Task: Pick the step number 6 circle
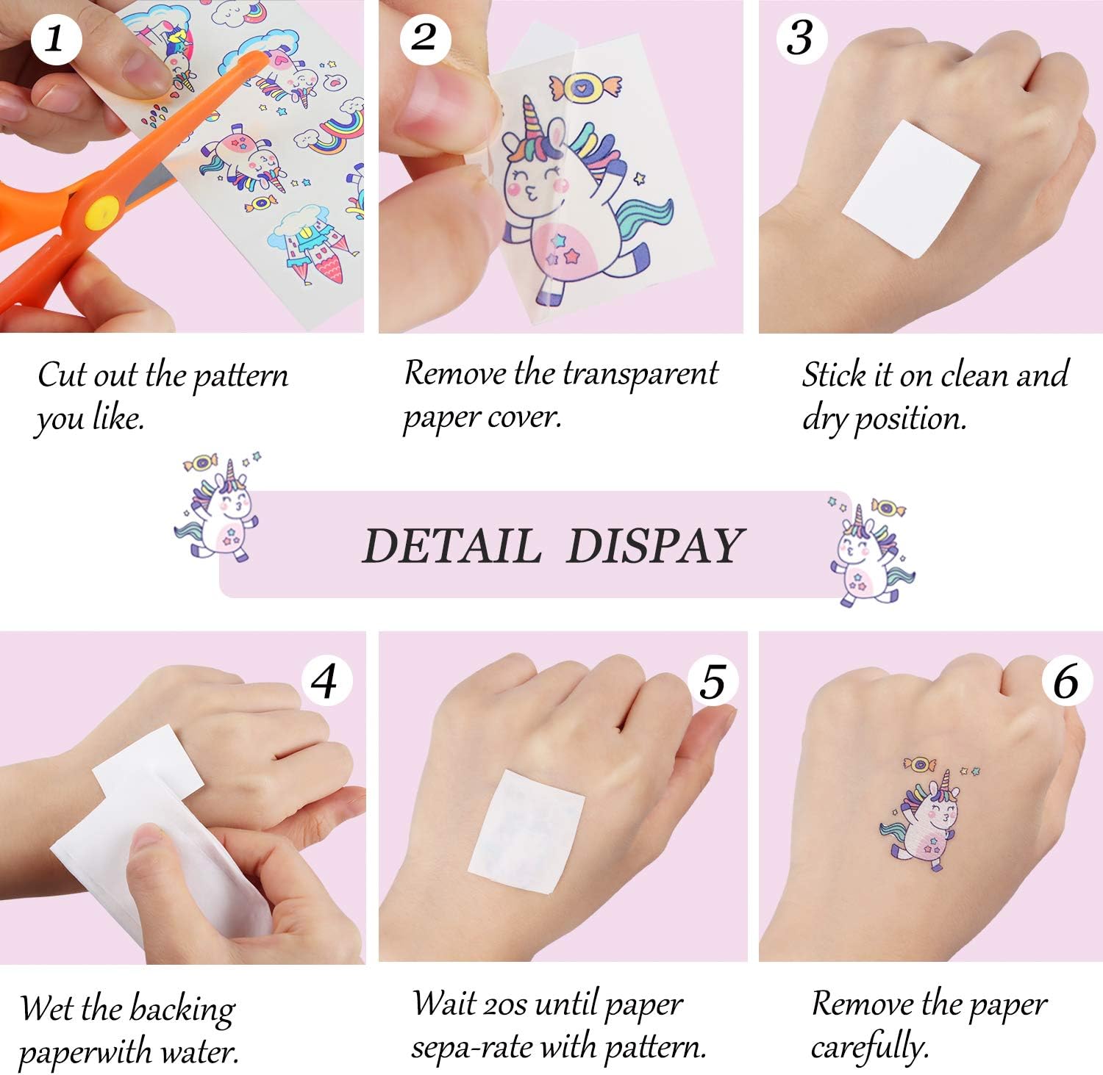pyautogui.click(x=1066, y=680)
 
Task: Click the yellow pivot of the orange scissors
pyautogui.click(x=104, y=212)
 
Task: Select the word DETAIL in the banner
pyautogui.click(x=451, y=546)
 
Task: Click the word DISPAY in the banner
pyautogui.click(x=655, y=546)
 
